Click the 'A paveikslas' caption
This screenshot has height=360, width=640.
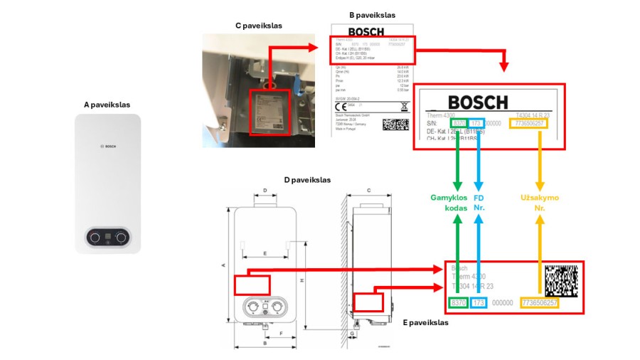[107, 105]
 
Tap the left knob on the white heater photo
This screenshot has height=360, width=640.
[95, 238]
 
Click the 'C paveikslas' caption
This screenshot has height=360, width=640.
[258, 25]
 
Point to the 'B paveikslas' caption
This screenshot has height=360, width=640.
[372, 15]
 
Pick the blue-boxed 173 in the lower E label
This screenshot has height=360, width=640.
[478, 303]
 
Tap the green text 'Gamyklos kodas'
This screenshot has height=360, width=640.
[449, 202]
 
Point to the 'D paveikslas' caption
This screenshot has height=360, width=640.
[307, 180]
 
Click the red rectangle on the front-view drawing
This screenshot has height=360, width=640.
[252, 284]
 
